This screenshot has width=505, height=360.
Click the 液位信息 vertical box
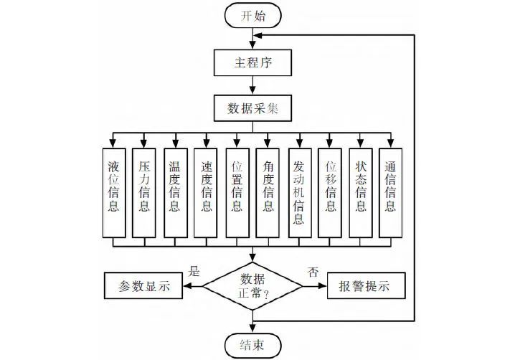coord(113,186)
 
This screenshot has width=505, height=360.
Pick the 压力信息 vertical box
coord(144,186)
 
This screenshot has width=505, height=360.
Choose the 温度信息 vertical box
coord(175,186)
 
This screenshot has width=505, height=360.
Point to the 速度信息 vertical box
coord(207,186)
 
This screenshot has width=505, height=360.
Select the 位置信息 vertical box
coord(237,186)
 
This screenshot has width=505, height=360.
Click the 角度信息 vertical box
coord(268,186)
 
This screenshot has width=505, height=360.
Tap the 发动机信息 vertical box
coord(300,186)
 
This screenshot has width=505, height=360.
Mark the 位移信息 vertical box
coord(331,186)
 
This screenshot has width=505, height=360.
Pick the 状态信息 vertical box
coord(362,186)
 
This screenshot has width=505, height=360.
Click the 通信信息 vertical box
coord(392,186)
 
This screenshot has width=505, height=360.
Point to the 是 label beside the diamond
coord(193,272)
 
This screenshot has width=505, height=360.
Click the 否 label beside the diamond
coord(313,272)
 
